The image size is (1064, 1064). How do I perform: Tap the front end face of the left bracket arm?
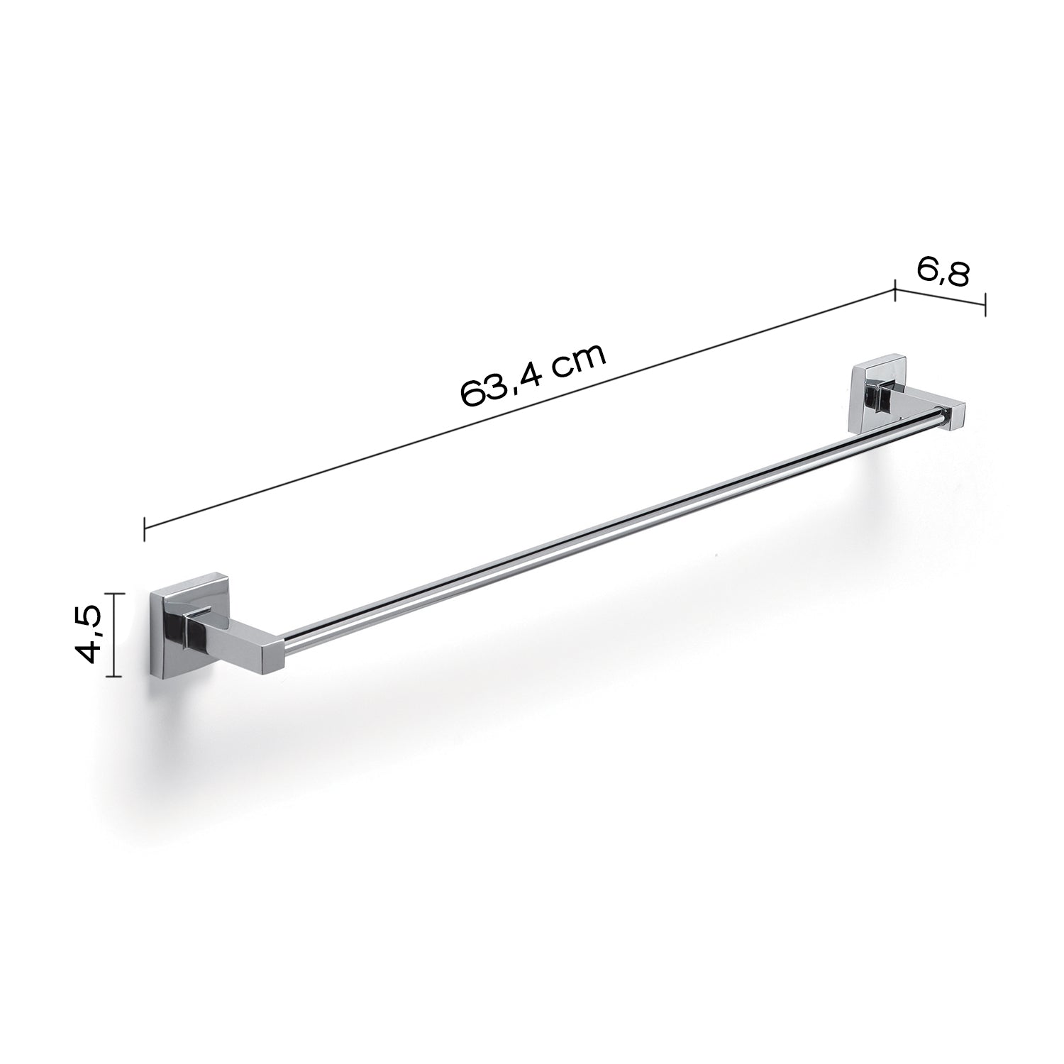[x=271, y=650]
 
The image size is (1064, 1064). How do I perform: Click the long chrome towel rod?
[x=610, y=532]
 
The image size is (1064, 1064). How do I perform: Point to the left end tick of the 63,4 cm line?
[x=145, y=528]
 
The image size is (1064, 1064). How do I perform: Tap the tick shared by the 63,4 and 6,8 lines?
[x=895, y=290]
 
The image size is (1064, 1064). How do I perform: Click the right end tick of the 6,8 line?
[x=985, y=306]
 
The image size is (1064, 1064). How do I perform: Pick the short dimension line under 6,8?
[x=940, y=298]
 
